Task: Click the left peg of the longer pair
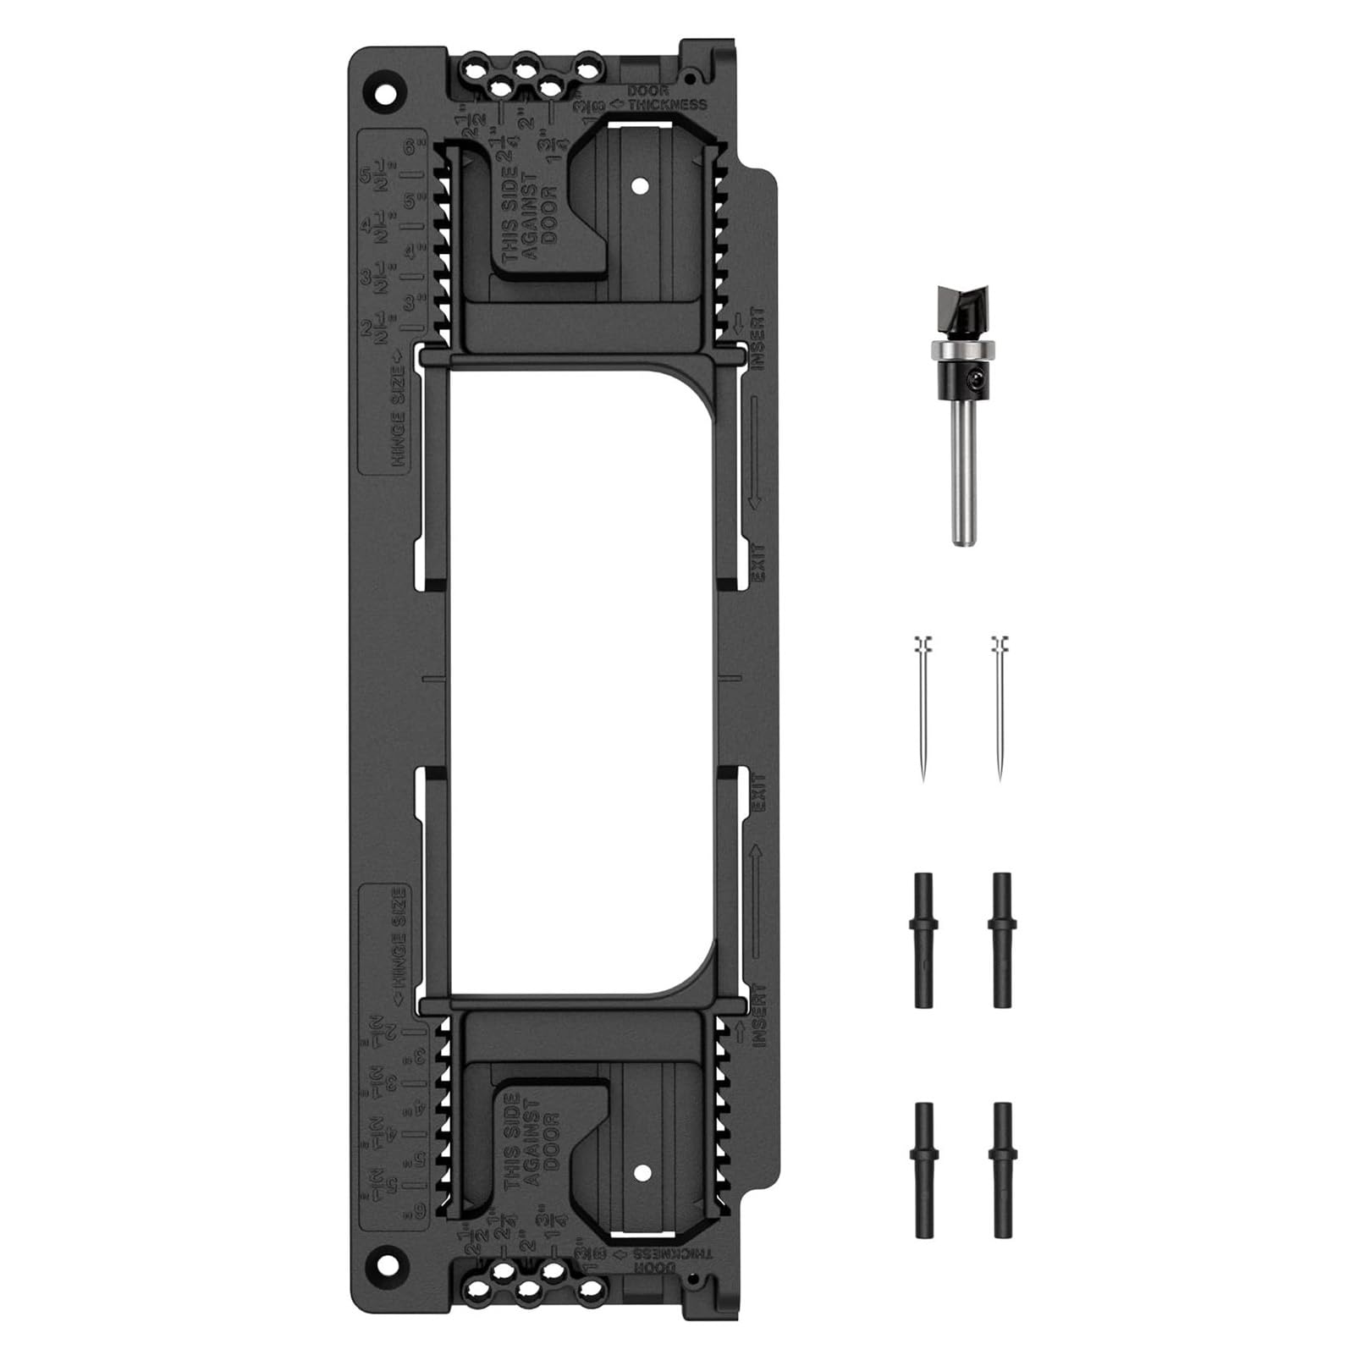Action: [923, 939]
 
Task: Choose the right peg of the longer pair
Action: [1002, 939]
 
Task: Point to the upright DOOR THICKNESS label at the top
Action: [666, 98]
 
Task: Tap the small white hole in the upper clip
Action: [640, 185]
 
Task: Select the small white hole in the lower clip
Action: [642, 1172]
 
